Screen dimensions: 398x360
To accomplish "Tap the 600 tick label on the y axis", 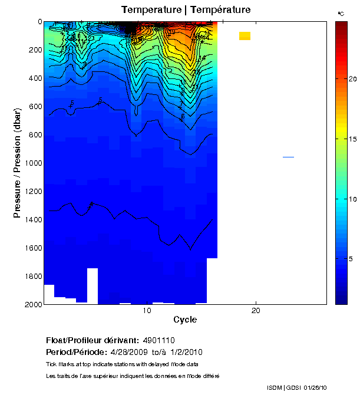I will point(32,107).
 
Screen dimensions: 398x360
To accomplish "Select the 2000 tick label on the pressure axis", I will point(31,304).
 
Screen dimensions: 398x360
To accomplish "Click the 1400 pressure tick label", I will point(31,220).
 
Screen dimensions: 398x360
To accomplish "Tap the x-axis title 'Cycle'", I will point(185,320).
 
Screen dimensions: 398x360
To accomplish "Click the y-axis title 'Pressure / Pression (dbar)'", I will point(17,163).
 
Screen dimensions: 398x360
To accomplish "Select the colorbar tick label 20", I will point(351,78).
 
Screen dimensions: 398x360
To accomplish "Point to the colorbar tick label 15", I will point(351,139).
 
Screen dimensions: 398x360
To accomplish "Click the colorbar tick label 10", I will point(351,199).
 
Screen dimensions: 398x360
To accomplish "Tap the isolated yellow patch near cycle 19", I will point(245,36).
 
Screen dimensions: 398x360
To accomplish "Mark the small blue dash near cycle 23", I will point(288,157).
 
